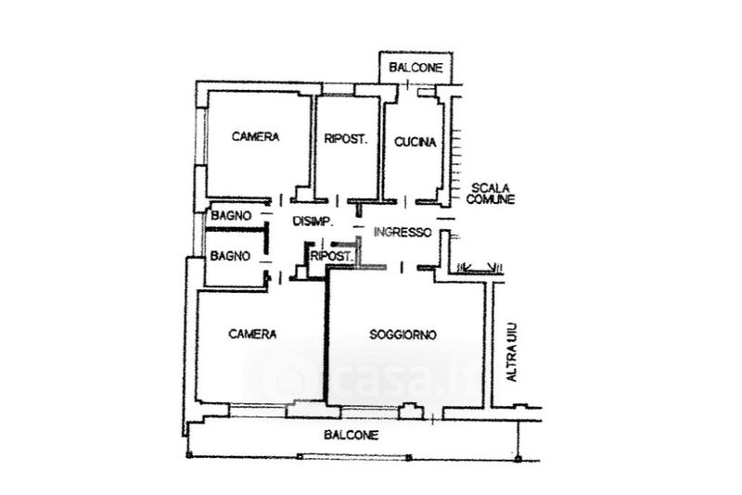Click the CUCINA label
pyautogui.click(x=415, y=141)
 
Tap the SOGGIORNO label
pyautogui.click(x=403, y=334)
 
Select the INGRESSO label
pyautogui.click(x=403, y=232)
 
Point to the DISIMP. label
pyautogui.click(x=313, y=221)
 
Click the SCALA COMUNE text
pyautogui.click(x=490, y=193)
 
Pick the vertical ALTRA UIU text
pyautogui.click(x=509, y=352)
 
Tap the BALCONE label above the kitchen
pyautogui.click(x=415, y=68)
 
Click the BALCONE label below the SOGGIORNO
pyautogui.click(x=351, y=434)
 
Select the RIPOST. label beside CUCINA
pyautogui.click(x=347, y=140)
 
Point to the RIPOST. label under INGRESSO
pyautogui.click(x=330, y=256)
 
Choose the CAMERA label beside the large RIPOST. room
pyautogui.click(x=256, y=137)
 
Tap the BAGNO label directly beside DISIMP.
pyautogui.click(x=230, y=216)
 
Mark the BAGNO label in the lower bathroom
pyautogui.click(x=228, y=255)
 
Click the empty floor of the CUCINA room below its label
pyautogui.click(x=415, y=176)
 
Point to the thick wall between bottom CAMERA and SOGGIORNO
pyautogui.click(x=326, y=343)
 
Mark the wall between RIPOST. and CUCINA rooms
pyautogui.click(x=382, y=148)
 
